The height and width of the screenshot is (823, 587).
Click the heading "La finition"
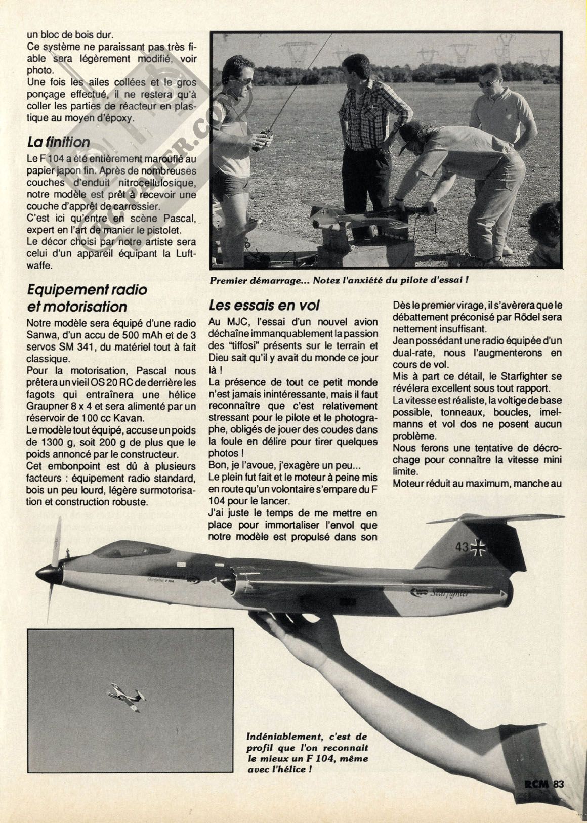pyautogui.click(x=58, y=142)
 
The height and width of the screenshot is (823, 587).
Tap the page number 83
pyautogui.click(x=559, y=784)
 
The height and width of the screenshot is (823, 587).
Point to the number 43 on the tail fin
pyautogui.click(x=462, y=547)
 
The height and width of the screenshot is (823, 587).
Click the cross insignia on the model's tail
pyautogui.click(x=478, y=547)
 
